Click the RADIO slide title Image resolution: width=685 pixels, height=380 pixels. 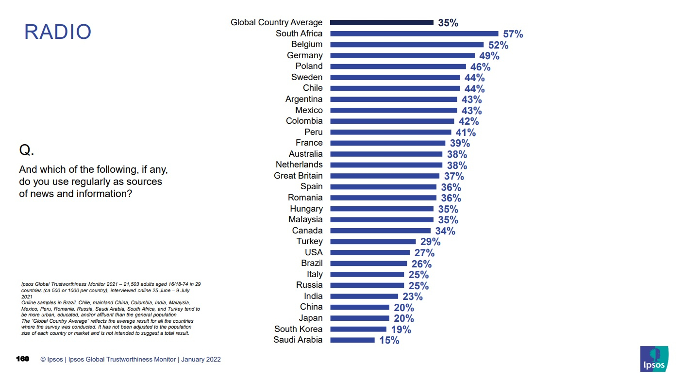pos(58,32)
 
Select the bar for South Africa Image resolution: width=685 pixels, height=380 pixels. pos(414,33)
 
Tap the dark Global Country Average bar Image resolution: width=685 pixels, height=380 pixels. pos(382,22)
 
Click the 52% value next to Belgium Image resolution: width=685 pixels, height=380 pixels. pos(498,45)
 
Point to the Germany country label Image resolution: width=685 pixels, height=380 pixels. pos(304,55)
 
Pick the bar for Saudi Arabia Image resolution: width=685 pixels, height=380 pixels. pos(352,340)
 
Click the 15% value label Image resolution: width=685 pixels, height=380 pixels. pos(389,341)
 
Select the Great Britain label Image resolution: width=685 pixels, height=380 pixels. pos(298,176)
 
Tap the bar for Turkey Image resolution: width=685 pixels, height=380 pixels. pos(373,242)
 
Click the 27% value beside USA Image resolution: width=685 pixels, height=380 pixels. pos(424,253)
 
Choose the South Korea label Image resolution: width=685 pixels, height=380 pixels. pos(298,329)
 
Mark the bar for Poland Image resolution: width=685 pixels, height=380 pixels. pos(398,66)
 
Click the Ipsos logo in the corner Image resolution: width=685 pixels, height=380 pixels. pos(654,360)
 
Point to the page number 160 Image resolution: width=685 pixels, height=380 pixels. pos(22,359)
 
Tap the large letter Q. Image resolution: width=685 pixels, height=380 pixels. pos(26,150)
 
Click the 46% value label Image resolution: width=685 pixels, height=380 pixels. pos(480,67)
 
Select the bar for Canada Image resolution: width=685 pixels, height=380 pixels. pos(380,231)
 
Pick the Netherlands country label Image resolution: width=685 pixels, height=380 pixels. pos(299,165)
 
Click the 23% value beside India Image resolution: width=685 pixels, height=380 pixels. pos(412,297)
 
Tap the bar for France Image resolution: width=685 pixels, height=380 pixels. pos(387,143)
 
